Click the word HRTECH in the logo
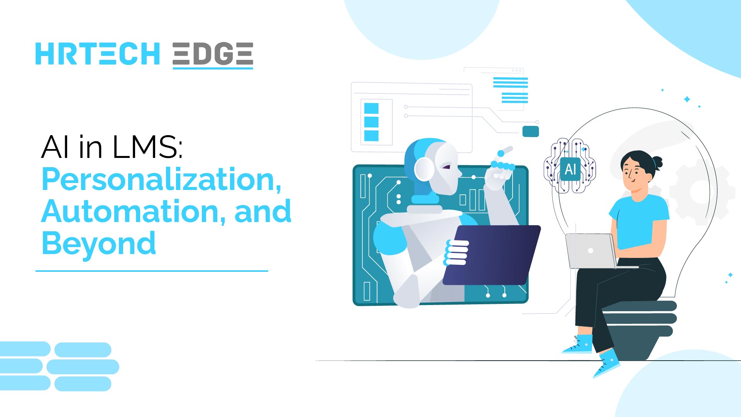pos(97,54)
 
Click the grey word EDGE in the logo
pos(213,54)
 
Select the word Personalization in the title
pos(161,180)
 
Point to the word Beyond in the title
pos(98,244)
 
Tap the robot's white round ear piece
pos(424,169)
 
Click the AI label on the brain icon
pos(570,169)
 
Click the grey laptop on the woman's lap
pos(590,251)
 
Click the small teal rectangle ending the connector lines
pos(530,131)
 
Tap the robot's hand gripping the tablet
pos(457,253)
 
